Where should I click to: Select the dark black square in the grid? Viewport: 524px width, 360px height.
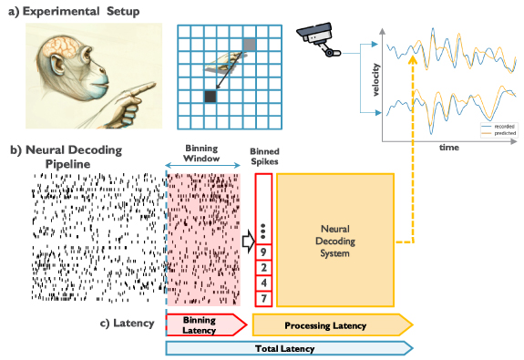(x=211, y=95)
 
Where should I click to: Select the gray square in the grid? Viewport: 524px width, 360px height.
(x=251, y=43)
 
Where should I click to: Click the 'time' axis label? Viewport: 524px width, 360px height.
(x=448, y=146)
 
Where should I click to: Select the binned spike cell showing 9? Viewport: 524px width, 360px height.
(x=264, y=252)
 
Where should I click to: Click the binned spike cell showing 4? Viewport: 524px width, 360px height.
(x=264, y=282)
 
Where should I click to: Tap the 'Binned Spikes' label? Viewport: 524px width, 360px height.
(x=265, y=159)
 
